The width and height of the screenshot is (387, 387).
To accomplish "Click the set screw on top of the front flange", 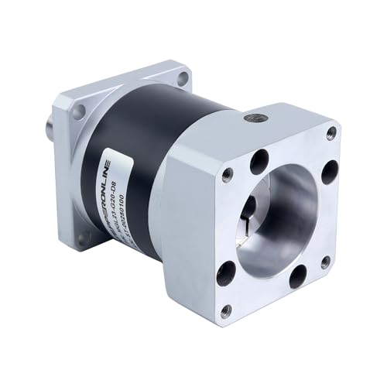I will click(253, 118).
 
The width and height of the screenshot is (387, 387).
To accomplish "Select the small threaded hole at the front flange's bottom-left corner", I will click(225, 310).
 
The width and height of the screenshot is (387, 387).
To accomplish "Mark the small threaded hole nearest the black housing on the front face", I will click(228, 174).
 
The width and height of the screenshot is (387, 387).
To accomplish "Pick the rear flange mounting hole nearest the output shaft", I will click(77, 113).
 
